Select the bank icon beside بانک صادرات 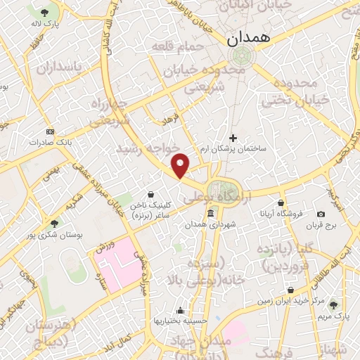pyautogui.click(x=49, y=131)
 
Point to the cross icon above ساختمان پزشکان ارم pyautogui.click(x=233, y=138)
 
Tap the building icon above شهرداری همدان pyautogui.click(x=210, y=213)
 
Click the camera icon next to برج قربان pyautogui.click(x=321, y=214)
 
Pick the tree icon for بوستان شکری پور pyautogui.click(x=54, y=223)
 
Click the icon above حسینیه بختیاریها pyautogui.click(x=181, y=310)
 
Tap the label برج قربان pyautogui.click(x=321, y=226)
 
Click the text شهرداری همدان pyautogui.click(x=210, y=225)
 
